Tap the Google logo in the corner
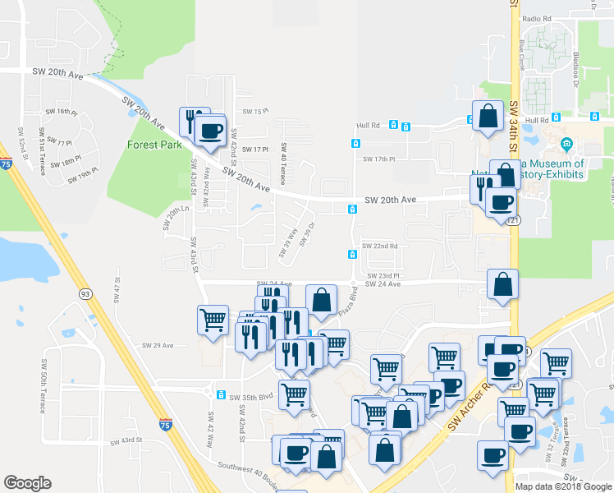click(x=27, y=483)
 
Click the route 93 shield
click(x=85, y=293)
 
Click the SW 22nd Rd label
click(x=380, y=246)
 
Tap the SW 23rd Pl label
click(x=383, y=276)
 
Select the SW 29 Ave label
click(x=158, y=345)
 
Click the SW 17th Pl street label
click(x=378, y=159)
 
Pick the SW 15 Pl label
click(x=256, y=111)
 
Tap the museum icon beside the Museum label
click(x=566, y=146)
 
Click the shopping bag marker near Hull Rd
click(x=488, y=115)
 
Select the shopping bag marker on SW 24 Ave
click(x=502, y=284)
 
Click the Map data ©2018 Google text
click(x=563, y=486)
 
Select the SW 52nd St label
click(x=21, y=145)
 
